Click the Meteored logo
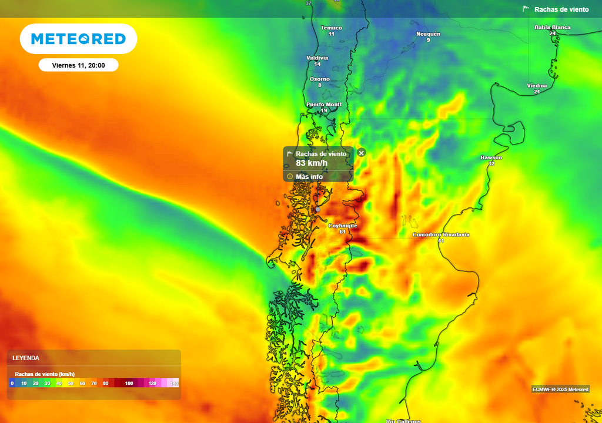(x=78, y=39)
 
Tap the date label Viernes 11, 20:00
(x=78, y=65)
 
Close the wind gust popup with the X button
(x=362, y=153)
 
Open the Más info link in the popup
(x=309, y=176)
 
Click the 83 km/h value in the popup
(x=312, y=163)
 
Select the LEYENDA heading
(x=26, y=358)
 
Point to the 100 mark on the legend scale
(x=129, y=383)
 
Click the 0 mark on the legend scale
(x=12, y=383)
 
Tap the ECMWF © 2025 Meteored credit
(x=560, y=389)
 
